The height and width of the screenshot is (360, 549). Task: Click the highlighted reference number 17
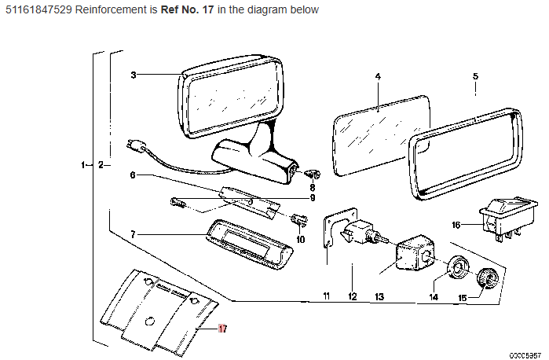coord(223,329)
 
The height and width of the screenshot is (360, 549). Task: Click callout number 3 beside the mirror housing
coord(134,75)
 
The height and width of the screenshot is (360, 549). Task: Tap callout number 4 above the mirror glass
coord(378,76)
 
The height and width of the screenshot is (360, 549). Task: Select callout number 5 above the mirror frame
coord(475,76)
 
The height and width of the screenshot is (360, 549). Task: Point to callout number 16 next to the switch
coord(456,225)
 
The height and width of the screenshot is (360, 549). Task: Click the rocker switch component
coord(509,219)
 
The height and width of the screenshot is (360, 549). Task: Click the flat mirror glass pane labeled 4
coord(382,135)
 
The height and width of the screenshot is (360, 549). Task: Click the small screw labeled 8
coord(313,173)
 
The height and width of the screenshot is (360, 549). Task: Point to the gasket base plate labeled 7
coord(249,244)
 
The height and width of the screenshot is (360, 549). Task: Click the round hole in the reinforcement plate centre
coord(149,321)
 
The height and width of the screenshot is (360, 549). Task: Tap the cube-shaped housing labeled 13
coord(415,253)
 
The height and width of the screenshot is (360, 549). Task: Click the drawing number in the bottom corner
coord(525,355)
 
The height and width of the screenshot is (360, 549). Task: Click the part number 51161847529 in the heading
coord(38,9)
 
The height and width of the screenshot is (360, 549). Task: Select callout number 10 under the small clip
coord(300,240)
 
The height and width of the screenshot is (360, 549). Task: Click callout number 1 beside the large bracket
coord(83,164)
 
